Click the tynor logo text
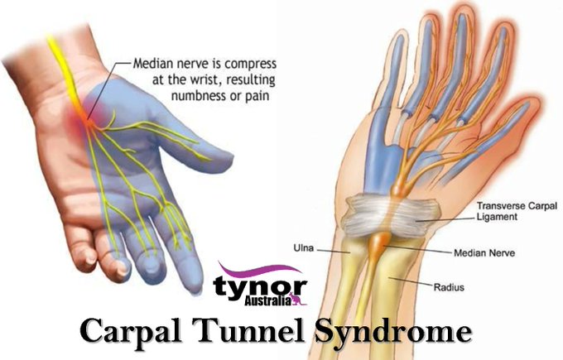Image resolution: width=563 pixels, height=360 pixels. [258, 285]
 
